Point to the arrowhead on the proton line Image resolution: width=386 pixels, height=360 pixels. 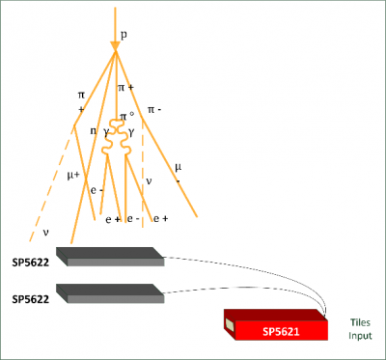(x=115, y=44)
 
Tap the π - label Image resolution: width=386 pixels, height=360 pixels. (x=155, y=110)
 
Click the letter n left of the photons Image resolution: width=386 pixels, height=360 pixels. (x=94, y=130)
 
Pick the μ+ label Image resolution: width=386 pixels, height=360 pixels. (x=73, y=175)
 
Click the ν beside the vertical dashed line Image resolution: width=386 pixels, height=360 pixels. (x=149, y=180)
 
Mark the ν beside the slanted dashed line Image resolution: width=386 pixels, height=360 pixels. (x=45, y=232)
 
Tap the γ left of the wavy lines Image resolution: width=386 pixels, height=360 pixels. (x=106, y=131)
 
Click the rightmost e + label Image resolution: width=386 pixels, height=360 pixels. (x=160, y=219)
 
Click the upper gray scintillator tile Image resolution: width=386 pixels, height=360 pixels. (x=109, y=257)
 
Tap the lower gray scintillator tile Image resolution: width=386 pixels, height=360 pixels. (x=109, y=292)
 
